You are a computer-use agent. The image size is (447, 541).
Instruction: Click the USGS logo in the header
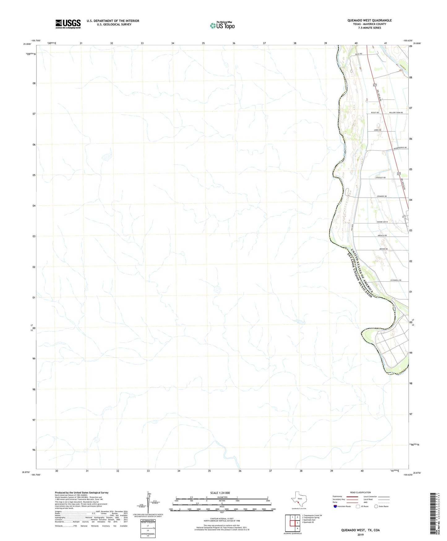[68, 24]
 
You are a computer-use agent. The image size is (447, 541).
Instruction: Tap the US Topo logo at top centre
[222, 25]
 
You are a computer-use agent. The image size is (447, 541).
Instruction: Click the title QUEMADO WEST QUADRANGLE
[369, 20]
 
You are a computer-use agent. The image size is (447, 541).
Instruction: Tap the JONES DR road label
[377, 130]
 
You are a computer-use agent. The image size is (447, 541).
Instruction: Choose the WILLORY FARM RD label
[396, 112]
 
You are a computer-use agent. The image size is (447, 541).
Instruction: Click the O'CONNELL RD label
[396, 280]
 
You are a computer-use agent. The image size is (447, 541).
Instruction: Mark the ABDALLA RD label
[382, 235]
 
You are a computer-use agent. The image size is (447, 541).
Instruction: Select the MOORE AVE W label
[382, 222]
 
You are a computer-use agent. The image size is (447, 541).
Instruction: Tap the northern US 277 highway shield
[375, 85]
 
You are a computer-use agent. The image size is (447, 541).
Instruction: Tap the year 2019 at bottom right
[360, 534]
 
